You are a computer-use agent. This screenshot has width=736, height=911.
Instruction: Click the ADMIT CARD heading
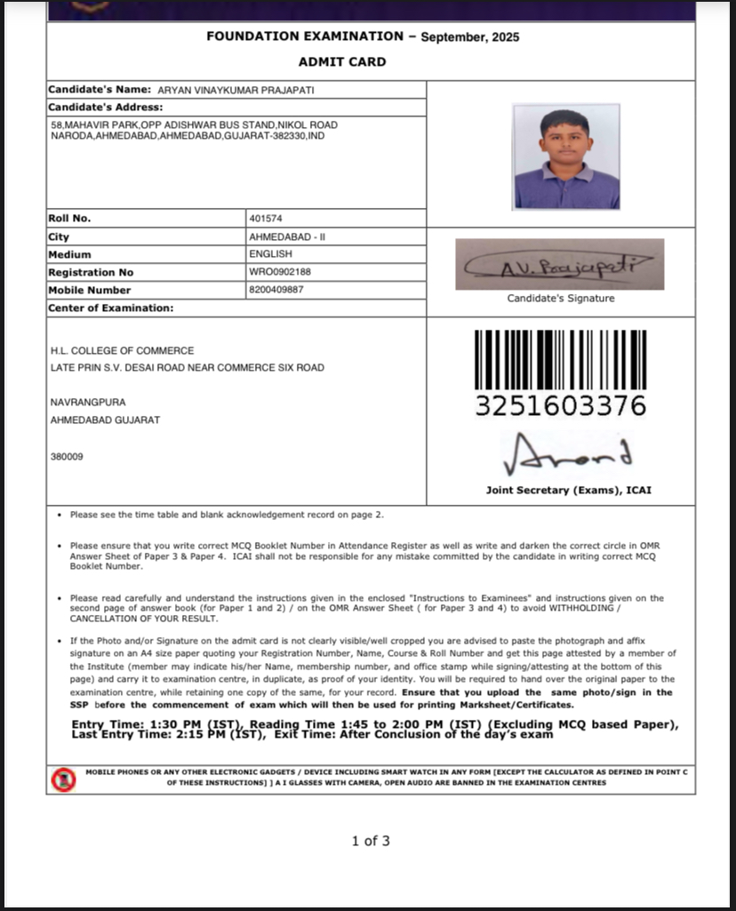(342, 61)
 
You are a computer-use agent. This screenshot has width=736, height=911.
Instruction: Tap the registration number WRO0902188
(280, 272)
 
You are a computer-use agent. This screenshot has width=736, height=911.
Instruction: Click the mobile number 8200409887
(276, 290)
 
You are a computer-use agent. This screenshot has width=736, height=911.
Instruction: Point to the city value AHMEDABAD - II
(282, 237)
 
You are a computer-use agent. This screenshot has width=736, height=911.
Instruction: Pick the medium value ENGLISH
(270, 254)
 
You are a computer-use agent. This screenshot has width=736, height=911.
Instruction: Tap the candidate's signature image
(559, 264)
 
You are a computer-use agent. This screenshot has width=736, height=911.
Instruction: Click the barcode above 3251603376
(560, 359)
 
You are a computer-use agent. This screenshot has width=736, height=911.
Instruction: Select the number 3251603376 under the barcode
(560, 406)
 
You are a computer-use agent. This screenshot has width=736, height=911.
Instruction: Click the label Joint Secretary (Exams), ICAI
(568, 490)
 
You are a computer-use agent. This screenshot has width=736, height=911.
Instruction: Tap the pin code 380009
(67, 456)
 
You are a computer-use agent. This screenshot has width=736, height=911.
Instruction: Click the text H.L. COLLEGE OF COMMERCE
(122, 350)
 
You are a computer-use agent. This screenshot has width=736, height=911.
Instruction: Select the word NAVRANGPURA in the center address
(88, 403)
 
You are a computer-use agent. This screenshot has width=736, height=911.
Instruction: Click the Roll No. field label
(69, 219)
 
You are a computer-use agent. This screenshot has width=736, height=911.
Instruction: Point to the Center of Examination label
(110, 308)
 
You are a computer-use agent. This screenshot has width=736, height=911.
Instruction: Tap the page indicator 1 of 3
(371, 841)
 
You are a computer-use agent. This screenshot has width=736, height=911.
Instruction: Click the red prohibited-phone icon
(61, 779)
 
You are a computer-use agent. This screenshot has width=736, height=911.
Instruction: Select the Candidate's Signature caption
(560, 299)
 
